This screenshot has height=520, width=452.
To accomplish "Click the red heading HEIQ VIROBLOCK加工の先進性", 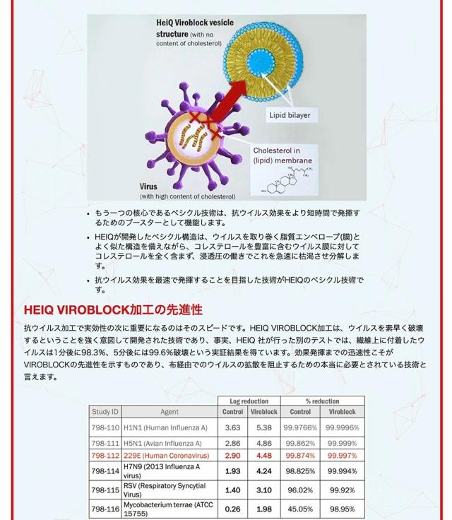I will click(x=113, y=310).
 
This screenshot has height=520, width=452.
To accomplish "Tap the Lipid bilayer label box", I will click(x=288, y=114).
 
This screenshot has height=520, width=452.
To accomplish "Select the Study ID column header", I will click(x=105, y=411).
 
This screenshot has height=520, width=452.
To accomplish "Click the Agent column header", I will click(x=169, y=411).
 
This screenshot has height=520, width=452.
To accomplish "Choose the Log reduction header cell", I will click(x=249, y=401).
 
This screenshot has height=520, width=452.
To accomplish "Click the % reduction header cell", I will click(x=322, y=401).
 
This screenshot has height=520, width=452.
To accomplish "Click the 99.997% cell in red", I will click(x=343, y=456).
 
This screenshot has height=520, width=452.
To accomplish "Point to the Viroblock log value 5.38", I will click(x=264, y=427).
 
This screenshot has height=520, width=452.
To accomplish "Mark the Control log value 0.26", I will click(x=232, y=509).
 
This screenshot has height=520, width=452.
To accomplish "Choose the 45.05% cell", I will click(x=299, y=509).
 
